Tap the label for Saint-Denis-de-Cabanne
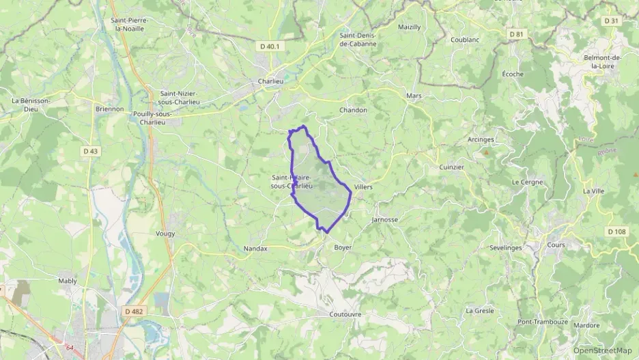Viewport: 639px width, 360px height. (358, 39)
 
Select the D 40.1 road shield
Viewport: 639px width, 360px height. (270, 46)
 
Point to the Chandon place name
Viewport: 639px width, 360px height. (353, 110)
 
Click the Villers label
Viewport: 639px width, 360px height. (363, 187)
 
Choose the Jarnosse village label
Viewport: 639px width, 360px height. (385, 220)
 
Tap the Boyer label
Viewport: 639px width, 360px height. (341, 248)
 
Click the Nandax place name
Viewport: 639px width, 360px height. (255, 249)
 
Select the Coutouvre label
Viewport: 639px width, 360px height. (345, 315)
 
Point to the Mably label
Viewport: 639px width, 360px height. (68, 281)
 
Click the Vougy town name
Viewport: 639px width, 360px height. (165, 234)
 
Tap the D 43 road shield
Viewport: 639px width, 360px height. (90, 151)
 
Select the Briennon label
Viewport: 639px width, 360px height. (110, 109)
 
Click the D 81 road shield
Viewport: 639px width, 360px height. (516, 33)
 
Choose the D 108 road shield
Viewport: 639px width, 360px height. (616, 232)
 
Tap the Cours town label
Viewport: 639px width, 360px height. (556, 245)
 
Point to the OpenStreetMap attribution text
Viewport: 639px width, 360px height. (602, 350)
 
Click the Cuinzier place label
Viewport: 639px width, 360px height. (451, 167)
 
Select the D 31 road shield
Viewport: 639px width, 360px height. (611, 21)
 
